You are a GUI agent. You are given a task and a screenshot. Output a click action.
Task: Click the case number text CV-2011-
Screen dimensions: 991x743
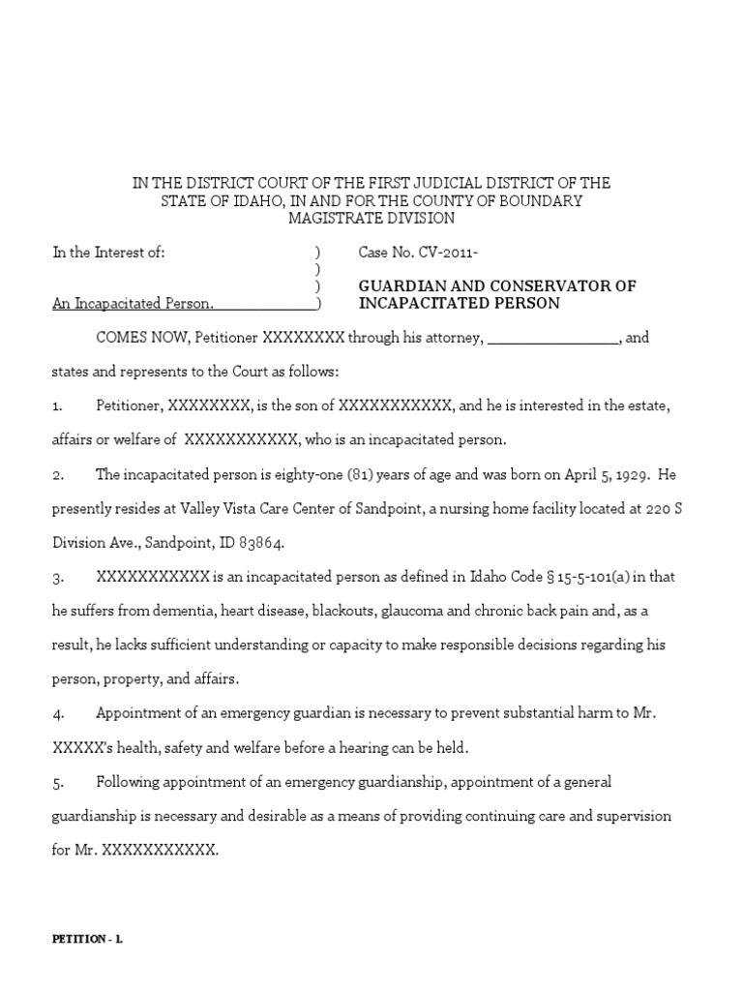pos(448,253)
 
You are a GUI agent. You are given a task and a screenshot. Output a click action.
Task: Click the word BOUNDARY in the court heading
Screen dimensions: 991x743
pos(544,200)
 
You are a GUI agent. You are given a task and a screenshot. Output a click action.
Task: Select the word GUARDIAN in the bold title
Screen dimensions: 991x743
pos(397,286)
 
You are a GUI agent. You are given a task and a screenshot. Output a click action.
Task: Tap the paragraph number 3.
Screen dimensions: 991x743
pos(57,577)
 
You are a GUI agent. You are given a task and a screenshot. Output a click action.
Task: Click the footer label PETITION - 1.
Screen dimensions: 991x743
pos(87,939)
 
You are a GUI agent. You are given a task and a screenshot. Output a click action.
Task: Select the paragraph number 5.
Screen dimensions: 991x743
pos(57,781)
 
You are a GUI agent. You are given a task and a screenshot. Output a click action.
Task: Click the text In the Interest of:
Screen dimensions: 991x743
pos(108,253)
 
